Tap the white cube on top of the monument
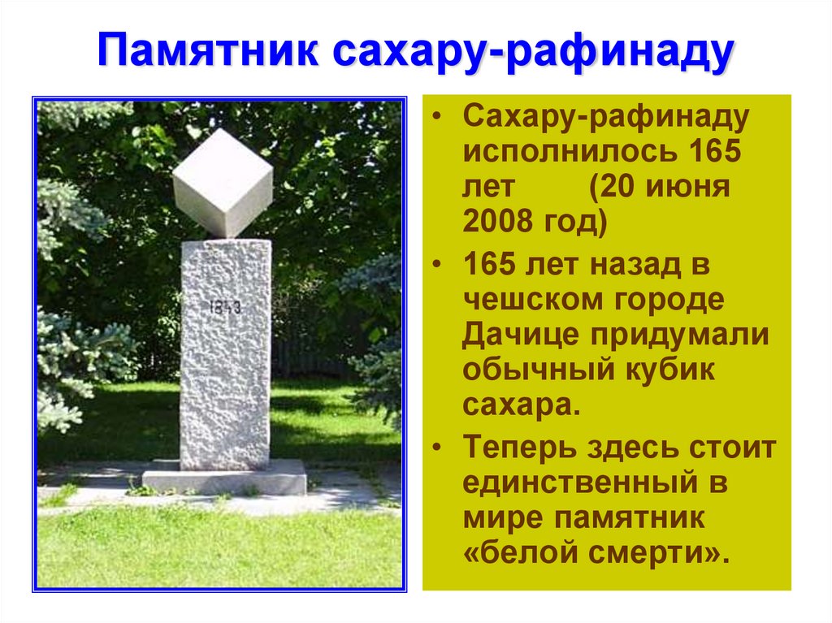223,181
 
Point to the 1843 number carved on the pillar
225,307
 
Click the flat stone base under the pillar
224,479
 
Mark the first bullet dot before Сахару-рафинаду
438,119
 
